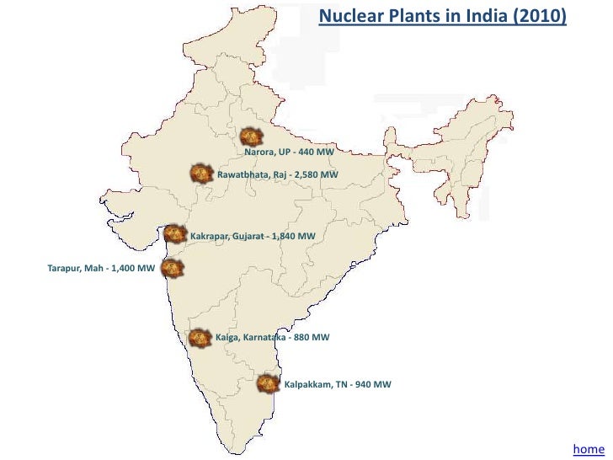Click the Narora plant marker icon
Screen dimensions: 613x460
coord(250,136)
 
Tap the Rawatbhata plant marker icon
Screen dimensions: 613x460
coord(201,174)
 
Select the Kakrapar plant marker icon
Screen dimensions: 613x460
coord(174,233)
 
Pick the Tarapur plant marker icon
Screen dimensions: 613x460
coord(172,268)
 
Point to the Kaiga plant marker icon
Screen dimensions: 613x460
coord(200,337)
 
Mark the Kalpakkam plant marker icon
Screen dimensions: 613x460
coord(268,383)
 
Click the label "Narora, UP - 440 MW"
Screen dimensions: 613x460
coord(289,152)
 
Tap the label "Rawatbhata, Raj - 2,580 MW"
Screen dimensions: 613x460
coord(277,174)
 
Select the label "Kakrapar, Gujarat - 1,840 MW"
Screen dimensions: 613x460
coord(253,236)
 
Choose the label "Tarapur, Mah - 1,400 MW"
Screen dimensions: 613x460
coord(101,268)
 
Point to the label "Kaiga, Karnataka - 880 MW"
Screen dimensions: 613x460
coord(272,337)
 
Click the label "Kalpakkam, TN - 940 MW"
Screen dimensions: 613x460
coord(337,384)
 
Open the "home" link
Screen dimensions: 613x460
coord(588,449)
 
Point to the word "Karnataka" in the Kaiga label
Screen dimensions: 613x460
coord(264,337)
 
